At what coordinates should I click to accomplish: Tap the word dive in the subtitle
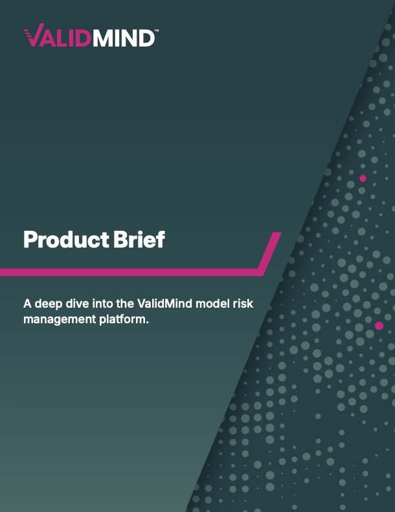[x=74, y=303]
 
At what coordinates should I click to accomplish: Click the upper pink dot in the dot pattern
[x=363, y=178]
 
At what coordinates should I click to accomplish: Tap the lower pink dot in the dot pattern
[x=379, y=325]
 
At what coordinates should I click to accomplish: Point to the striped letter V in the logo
[x=33, y=37]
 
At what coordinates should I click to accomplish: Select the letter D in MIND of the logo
[x=146, y=37]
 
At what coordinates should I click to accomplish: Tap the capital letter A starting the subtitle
[x=27, y=303]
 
